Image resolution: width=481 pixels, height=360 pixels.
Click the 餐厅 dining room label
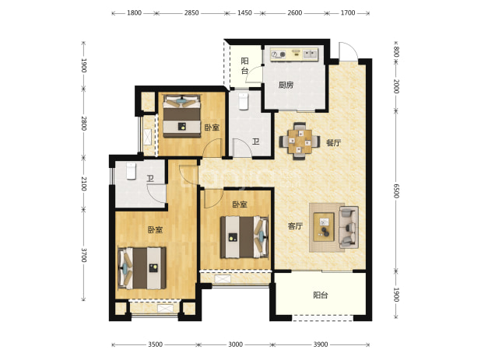click(333, 143)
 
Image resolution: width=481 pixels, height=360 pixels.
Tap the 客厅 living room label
click(295, 226)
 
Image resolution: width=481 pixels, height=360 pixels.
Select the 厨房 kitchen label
click(286, 85)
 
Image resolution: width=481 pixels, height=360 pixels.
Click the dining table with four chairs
click(300, 142)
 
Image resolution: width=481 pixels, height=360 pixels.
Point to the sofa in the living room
click(349, 227)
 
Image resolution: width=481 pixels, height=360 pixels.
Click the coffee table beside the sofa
click(324, 227)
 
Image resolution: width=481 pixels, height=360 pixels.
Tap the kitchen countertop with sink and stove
click(295, 54)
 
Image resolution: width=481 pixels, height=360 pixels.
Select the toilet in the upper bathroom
click(244, 101)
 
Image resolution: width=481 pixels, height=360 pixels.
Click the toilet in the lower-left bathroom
click(131, 171)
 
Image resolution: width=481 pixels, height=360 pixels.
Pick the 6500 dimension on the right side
click(396, 190)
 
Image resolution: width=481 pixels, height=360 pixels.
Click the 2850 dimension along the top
click(191, 13)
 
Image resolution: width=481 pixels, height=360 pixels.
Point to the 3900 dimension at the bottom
click(321, 344)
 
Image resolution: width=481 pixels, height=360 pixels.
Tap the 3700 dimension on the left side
click(84, 255)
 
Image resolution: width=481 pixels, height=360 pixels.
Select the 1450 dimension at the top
click(245, 13)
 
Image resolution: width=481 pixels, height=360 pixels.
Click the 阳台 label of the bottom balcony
click(321, 295)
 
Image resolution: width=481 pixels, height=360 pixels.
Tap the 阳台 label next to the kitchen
click(244, 65)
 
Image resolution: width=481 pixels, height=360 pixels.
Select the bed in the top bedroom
click(182, 116)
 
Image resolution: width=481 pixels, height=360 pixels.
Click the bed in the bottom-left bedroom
click(142, 268)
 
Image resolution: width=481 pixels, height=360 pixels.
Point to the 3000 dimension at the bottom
click(235, 344)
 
